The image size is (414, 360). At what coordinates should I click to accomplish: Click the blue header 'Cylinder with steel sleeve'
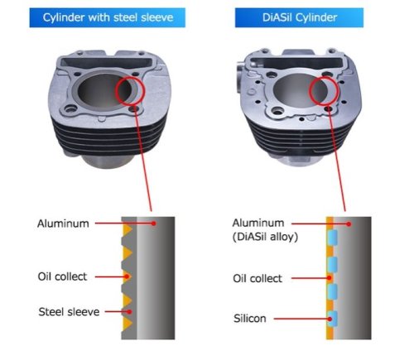pos(108,17)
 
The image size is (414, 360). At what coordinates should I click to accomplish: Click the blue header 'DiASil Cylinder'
pos(299,17)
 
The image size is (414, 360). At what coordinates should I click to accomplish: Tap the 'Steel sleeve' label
pos(69,312)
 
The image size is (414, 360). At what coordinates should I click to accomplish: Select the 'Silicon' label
pos(250,319)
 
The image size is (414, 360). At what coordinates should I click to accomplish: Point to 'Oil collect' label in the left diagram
pos(62,276)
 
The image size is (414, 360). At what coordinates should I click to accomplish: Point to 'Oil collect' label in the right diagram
pos(258,278)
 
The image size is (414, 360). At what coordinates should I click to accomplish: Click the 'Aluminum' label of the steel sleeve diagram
pos(63,223)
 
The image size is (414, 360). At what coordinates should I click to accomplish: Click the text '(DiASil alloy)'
pos(265,237)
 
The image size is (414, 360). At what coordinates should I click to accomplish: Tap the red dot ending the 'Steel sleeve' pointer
pos(129,312)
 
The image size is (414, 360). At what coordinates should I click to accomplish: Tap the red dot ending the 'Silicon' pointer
pos(330,319)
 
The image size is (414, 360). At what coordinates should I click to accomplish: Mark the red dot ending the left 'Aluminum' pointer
pos(154,223)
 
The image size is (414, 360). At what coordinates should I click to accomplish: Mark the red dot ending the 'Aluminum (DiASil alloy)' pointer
pos(349,224)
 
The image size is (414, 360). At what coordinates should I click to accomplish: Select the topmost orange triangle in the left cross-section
pos(127,229)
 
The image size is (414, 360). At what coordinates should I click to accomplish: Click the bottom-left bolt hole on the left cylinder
pos(71,109)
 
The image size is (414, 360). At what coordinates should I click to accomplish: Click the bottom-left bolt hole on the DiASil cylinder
pos(277,111)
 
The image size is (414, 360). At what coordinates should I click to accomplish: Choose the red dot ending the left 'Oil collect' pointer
pos(127,276)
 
